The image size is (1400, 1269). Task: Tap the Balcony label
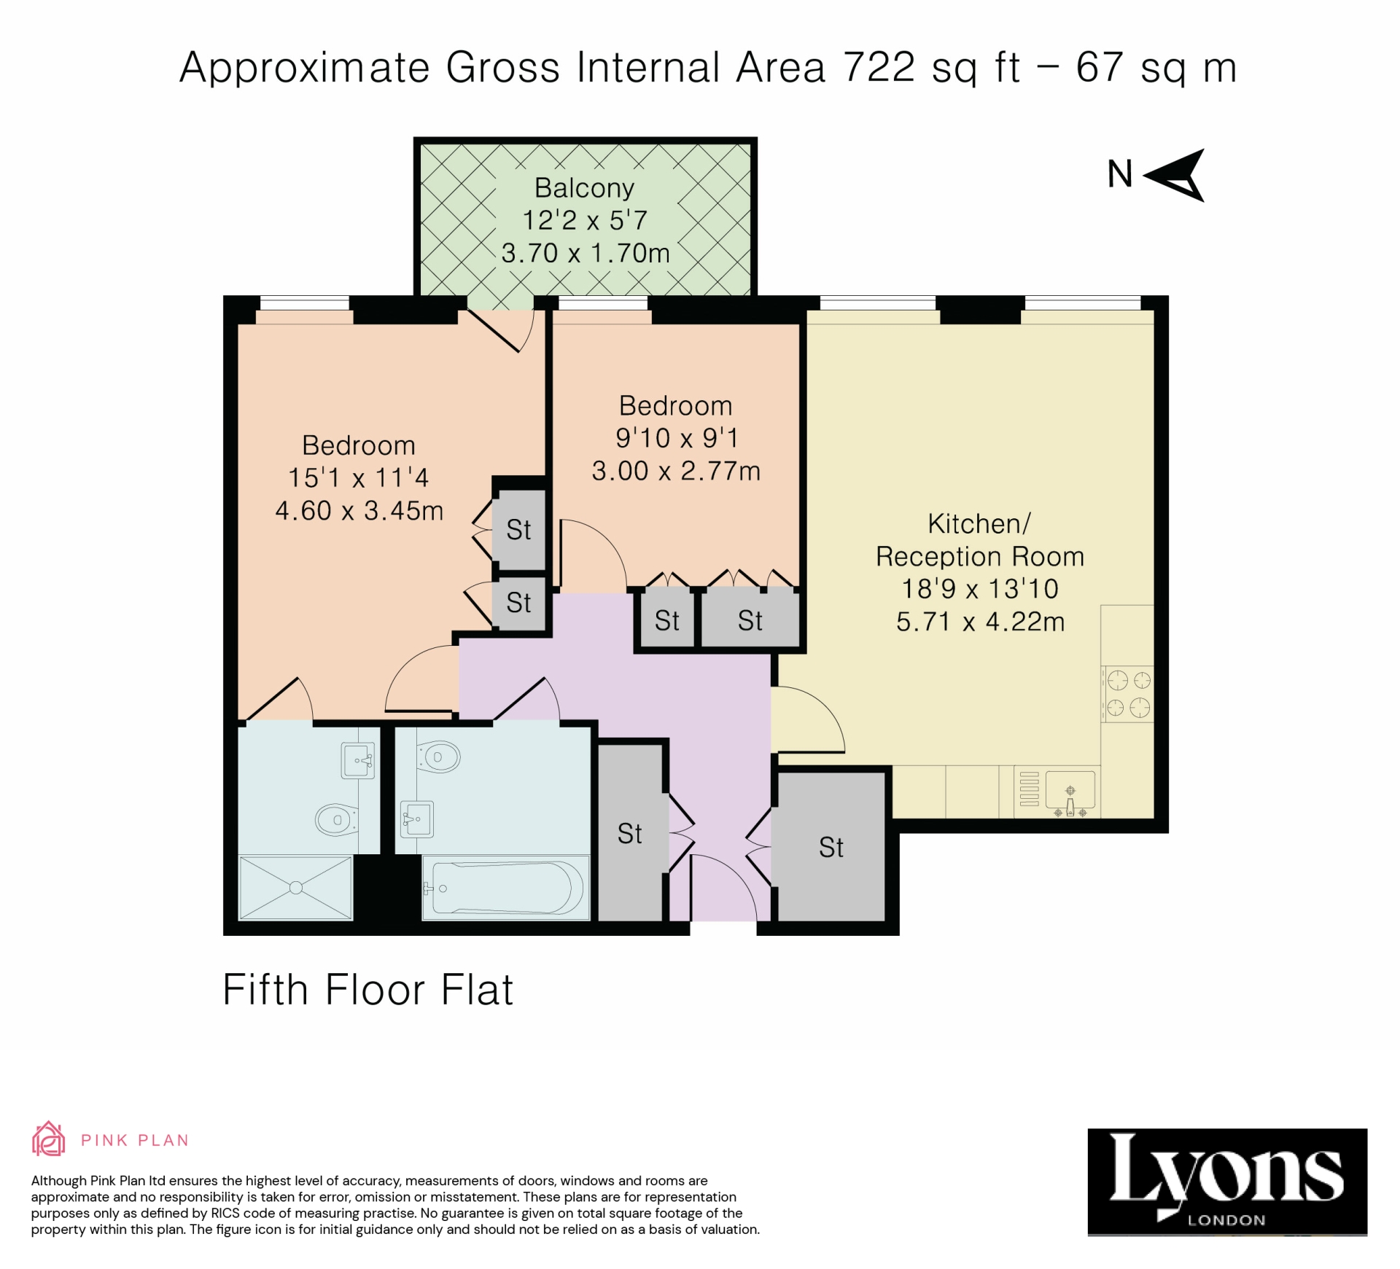[x=584, y=188]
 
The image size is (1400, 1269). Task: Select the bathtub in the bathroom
[x=507, y=888]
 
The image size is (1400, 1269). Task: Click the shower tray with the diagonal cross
[x=295, y=887]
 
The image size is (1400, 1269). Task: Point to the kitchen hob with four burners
[x=1128, y=693]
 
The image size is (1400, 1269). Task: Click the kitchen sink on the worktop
[x=1070, y=792]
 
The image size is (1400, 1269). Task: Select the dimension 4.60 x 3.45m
[x=359, y=510]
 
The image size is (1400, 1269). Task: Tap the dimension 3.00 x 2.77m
[x=675, y=471]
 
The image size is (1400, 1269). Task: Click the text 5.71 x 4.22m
[x=979, y=622]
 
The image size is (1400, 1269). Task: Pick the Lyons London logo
[x=1226, y=1182]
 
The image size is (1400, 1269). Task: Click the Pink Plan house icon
[x=48, y=1139]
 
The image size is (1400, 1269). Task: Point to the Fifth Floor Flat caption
[x=367, y=990]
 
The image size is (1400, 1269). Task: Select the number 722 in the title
[x=879, y=68]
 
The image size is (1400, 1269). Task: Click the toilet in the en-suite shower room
[x=336, y=819]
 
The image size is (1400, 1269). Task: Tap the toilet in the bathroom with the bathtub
[x=438, y=757]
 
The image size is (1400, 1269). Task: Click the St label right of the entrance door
[x=831, y=847]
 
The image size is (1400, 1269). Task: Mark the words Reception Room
[x=979, y=556]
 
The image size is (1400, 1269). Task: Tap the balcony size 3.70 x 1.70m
[x=585, y=253]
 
